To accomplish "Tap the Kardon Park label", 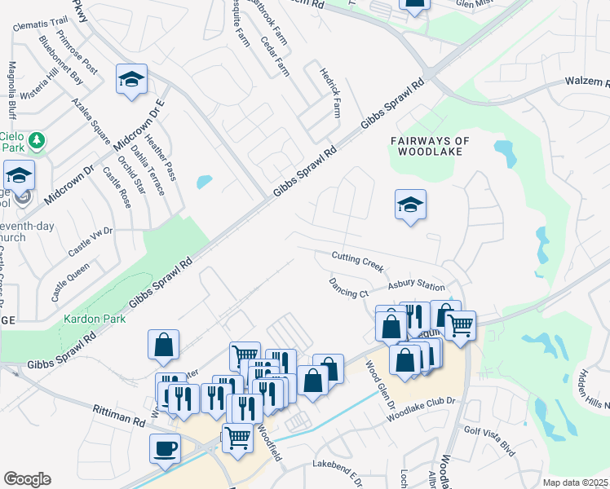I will (x=95, y=319).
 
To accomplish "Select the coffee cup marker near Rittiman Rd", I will (x=165, y=448).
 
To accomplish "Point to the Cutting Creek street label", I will (x=357, y=262).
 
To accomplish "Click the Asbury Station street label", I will (x=416, y=286).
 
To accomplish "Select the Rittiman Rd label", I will (x=118, y=416).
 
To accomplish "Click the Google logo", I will (x=27, y=479).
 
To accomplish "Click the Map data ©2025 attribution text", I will (x=575, y=482).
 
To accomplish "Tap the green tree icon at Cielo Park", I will (x=36, y=142).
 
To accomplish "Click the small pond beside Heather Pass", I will (x=204, y=182).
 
